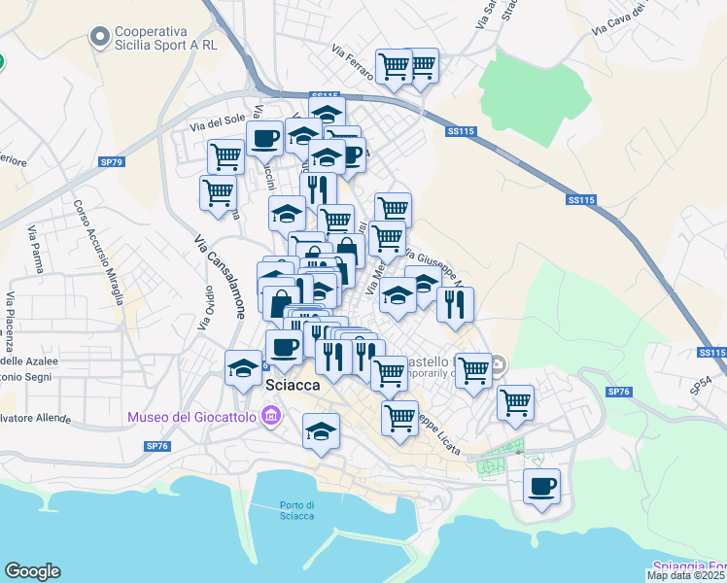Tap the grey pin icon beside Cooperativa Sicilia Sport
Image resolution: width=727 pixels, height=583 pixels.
click(x=98, y=38)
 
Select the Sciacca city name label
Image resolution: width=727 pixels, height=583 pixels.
click(x=292, y=386)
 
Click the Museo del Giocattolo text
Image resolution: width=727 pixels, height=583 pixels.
click(x=191, y=418)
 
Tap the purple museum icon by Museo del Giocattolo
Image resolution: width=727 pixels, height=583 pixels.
click(x=270, y=418)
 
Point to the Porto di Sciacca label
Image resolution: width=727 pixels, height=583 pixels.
click(x=296, y=509)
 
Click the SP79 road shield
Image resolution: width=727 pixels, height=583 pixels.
click(x=113, y=161)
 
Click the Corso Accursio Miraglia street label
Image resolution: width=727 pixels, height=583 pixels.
click(x=97, y=252)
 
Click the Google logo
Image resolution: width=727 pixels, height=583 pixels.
click(x=32, y=571)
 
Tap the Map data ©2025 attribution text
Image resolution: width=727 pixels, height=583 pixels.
click(x=685, y=575)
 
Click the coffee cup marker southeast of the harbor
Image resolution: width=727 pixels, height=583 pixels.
click(x=541, y=486)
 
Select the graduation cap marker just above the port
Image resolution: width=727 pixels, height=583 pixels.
click(x=321, y=431)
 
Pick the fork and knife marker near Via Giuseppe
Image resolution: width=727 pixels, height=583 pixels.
click(x=455, y=304)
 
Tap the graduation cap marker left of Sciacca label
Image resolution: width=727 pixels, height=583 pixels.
click(x=243, y=367)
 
